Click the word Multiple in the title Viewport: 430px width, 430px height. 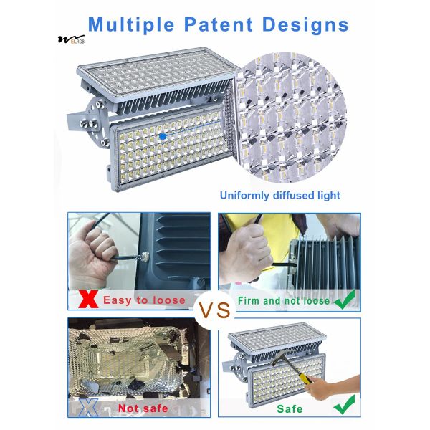click(x=131, y=25)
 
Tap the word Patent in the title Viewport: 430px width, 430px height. click(x=219, y=24)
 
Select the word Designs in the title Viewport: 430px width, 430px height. click(x=305, y=25)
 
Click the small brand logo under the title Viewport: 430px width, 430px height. click(x=71, y=39)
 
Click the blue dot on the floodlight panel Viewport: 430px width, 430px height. click(x=163, y=136)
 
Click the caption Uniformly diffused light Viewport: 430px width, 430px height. click(x=280, y=195)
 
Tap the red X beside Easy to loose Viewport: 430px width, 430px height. click(x=88, y=299)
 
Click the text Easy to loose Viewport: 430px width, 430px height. click(x=144, y=300)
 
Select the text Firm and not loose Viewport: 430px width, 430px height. click(x=284, y=301)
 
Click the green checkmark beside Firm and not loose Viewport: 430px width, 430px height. click(x=345, y=300)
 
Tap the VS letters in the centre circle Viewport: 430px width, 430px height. click(x=215, y=310)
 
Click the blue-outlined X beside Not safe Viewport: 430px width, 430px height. click(x=88, y=408)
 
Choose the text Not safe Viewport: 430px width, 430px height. click(x=143, y=408)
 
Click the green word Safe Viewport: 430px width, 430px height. click(x=290, y=409)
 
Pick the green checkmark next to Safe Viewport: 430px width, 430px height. click(x=345, y=404)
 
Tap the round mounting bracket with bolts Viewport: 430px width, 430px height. click(x=97, y=120)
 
